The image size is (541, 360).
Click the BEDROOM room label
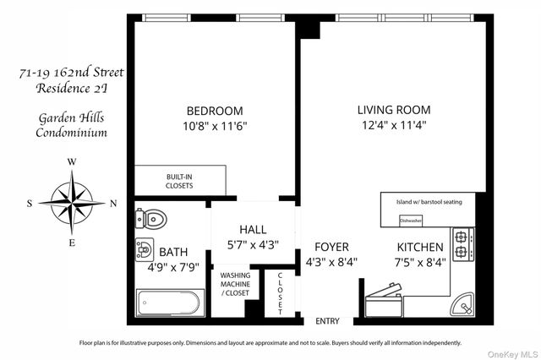tap(215, 111)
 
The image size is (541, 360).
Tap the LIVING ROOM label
tap(393, 110)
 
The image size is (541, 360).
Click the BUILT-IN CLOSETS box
tap(179, 180)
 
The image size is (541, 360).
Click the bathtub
tap(170, 302)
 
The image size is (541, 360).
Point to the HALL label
tap(253, 230)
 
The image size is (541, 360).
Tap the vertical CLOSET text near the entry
tap(280, 292)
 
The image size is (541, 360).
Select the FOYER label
tap(331, 247)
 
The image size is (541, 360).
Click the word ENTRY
tap(327, 322)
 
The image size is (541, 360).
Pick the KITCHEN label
tap(420, 247)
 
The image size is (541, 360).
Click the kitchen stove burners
tap(462, 243)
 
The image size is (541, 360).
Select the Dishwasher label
tap(411, 220)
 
